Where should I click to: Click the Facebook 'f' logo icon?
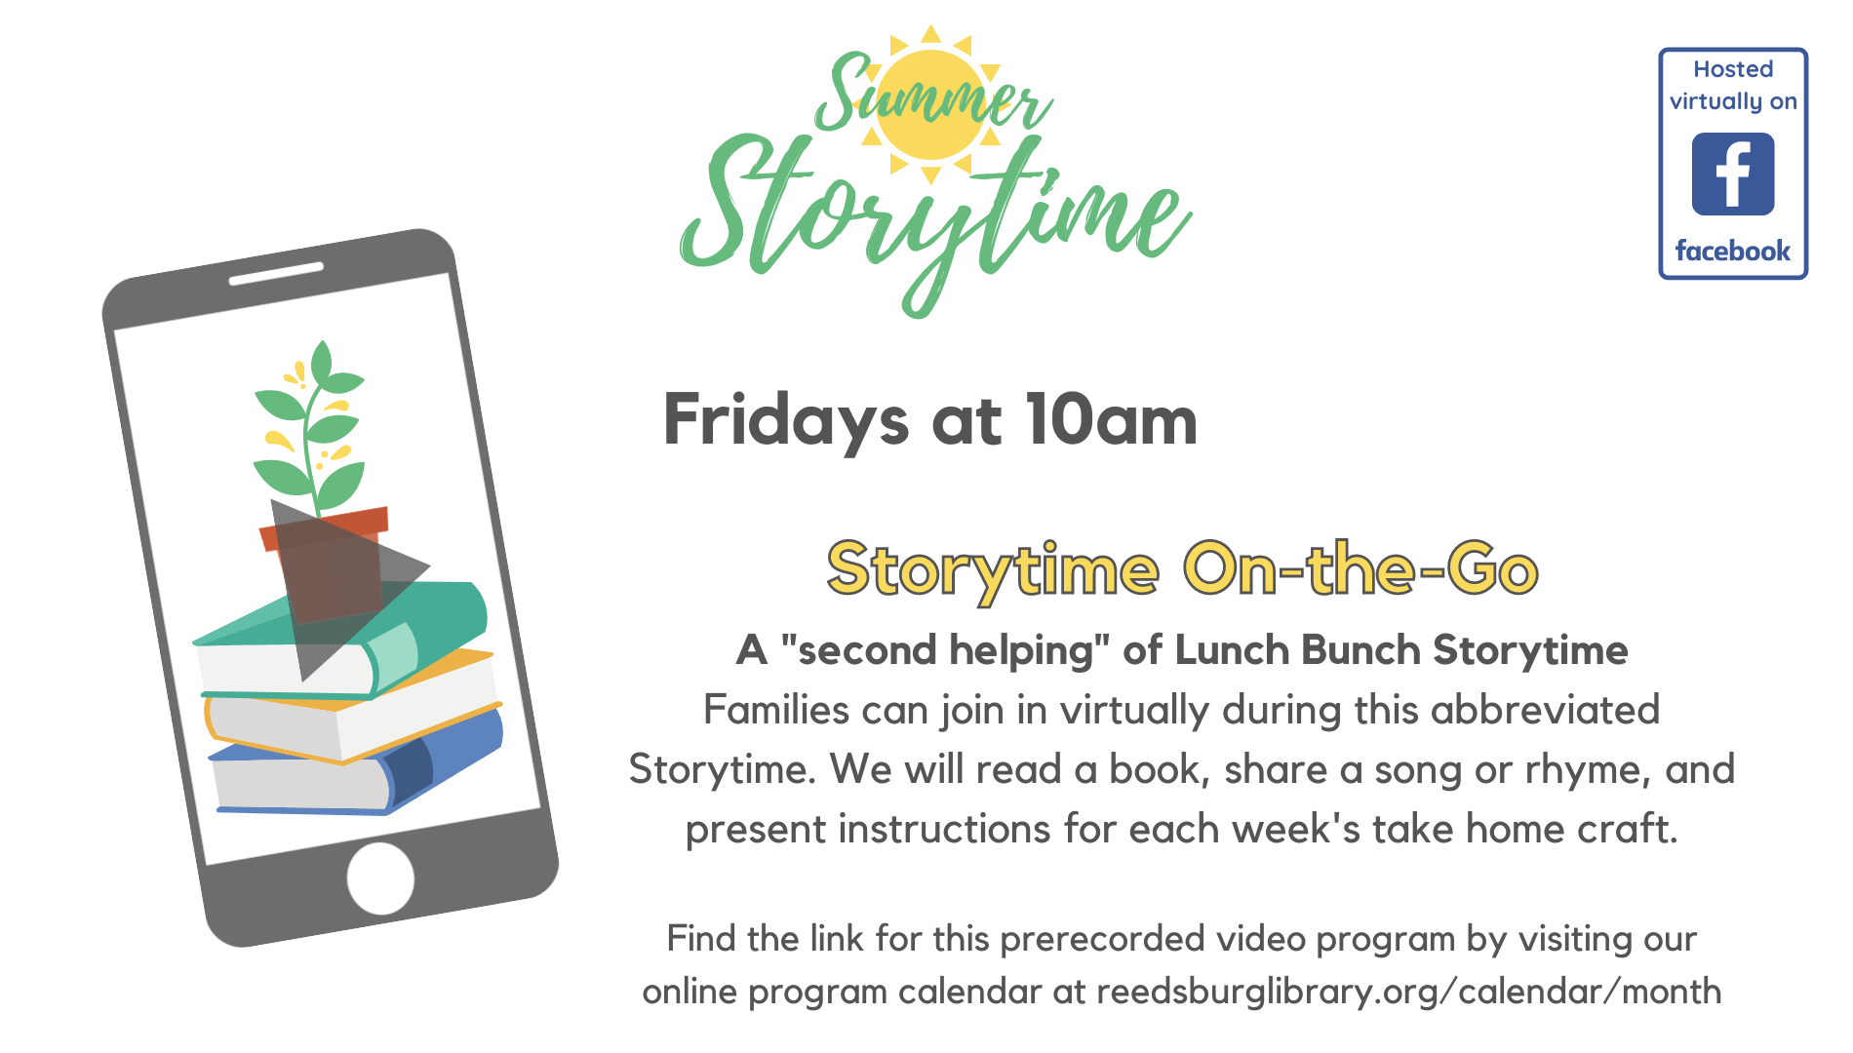1733,174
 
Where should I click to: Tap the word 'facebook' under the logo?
1733,251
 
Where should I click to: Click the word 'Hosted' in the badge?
1733,69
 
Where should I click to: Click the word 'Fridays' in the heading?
785,421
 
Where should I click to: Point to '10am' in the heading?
1112,421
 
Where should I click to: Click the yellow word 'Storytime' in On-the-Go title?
993,570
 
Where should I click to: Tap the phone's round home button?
380,878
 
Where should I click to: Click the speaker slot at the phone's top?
276,274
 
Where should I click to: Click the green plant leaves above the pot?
310,429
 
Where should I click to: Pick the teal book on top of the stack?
341,639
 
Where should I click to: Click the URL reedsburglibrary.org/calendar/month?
1409,992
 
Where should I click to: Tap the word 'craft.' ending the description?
1628,829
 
